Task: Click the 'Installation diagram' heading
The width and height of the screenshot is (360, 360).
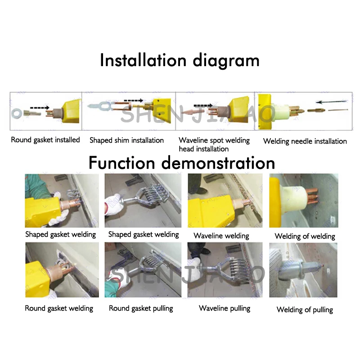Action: click(x=180, y=60)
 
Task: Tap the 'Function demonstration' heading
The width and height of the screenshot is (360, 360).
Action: click(x=182, y=163)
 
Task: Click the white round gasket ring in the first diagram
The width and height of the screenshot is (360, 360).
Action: click(x=17, y=113)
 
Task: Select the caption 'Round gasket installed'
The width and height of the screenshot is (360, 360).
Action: click(x=45, y=140)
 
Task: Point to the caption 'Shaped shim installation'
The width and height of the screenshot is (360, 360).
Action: click(x=126, y=140)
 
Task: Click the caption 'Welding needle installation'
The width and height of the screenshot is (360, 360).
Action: click(x=305, y=141)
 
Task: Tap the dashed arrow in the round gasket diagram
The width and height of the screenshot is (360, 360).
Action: click(x=40, y=108)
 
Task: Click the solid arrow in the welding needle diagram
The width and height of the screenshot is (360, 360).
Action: click(x=332, y=102)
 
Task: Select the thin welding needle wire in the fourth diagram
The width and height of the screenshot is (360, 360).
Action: click(x=338, y=110)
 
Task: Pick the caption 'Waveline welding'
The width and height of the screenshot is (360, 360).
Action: click(x=221, y=236)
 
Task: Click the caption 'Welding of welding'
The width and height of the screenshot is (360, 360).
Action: click(x=305, y=236)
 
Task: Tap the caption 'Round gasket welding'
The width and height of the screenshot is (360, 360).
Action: click(x=59, y=308)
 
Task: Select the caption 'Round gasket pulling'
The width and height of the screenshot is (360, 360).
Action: click(x=141, y=308)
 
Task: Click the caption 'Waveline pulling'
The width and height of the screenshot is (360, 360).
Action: click(x=225, y=308)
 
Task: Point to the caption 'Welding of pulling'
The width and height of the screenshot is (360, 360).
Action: click(x=305, y=310)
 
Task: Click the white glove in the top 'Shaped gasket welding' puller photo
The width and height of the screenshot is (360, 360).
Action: click(x=113, y=205)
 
